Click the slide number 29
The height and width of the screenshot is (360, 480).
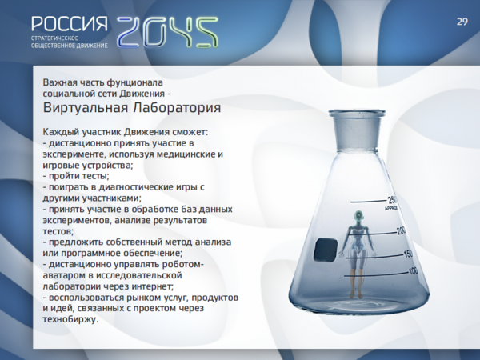click(x=462, y=22)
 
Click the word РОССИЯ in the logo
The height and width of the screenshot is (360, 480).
click(x=70, y=24)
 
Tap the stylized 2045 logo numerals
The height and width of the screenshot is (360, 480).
click(x=167, y=32)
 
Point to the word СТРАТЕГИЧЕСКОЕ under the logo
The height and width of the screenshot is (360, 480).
click(x=54, y=38)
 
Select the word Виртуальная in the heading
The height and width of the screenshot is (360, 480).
click(x=86, y=108)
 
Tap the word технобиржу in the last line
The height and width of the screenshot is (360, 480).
click(x=70, y=319)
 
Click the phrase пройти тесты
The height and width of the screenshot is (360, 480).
click(x=79, y=176)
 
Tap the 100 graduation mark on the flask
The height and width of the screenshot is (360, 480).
click(x=413, y=271)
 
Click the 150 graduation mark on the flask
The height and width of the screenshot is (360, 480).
click(x=408, y=254)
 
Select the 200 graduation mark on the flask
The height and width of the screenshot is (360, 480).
click(x=402, y=231)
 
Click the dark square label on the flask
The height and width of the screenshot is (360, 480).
click(x=326, y=250)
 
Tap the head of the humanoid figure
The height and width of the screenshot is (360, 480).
click(x=358, y=218)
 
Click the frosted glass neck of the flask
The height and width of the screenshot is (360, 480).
click(x=358, y=132)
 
